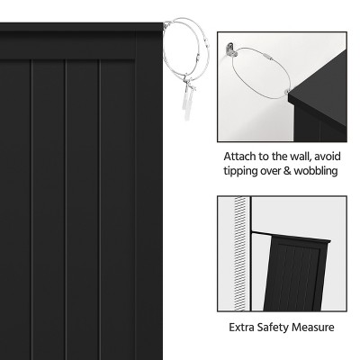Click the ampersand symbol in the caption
pyautogui.click(x=287, y=171)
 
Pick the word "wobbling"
pyautogui.click(x=316, y=171)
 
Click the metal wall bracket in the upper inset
pyautogui.click(x=231, y=49)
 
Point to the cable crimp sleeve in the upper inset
pyautogui.click(x=266, y=56)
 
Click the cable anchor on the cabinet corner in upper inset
pyautogui.click(x=287, y=92)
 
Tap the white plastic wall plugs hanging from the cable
pyautogui.click(x=187, y=102)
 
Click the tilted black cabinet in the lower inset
pyautogui.click(x=295, y=273)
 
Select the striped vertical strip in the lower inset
pyautogui.click(x=239, y=254)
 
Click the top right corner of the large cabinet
pyautogui.click(x=163, y=23)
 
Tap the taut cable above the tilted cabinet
pyautogui.click(x=262, y=233)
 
